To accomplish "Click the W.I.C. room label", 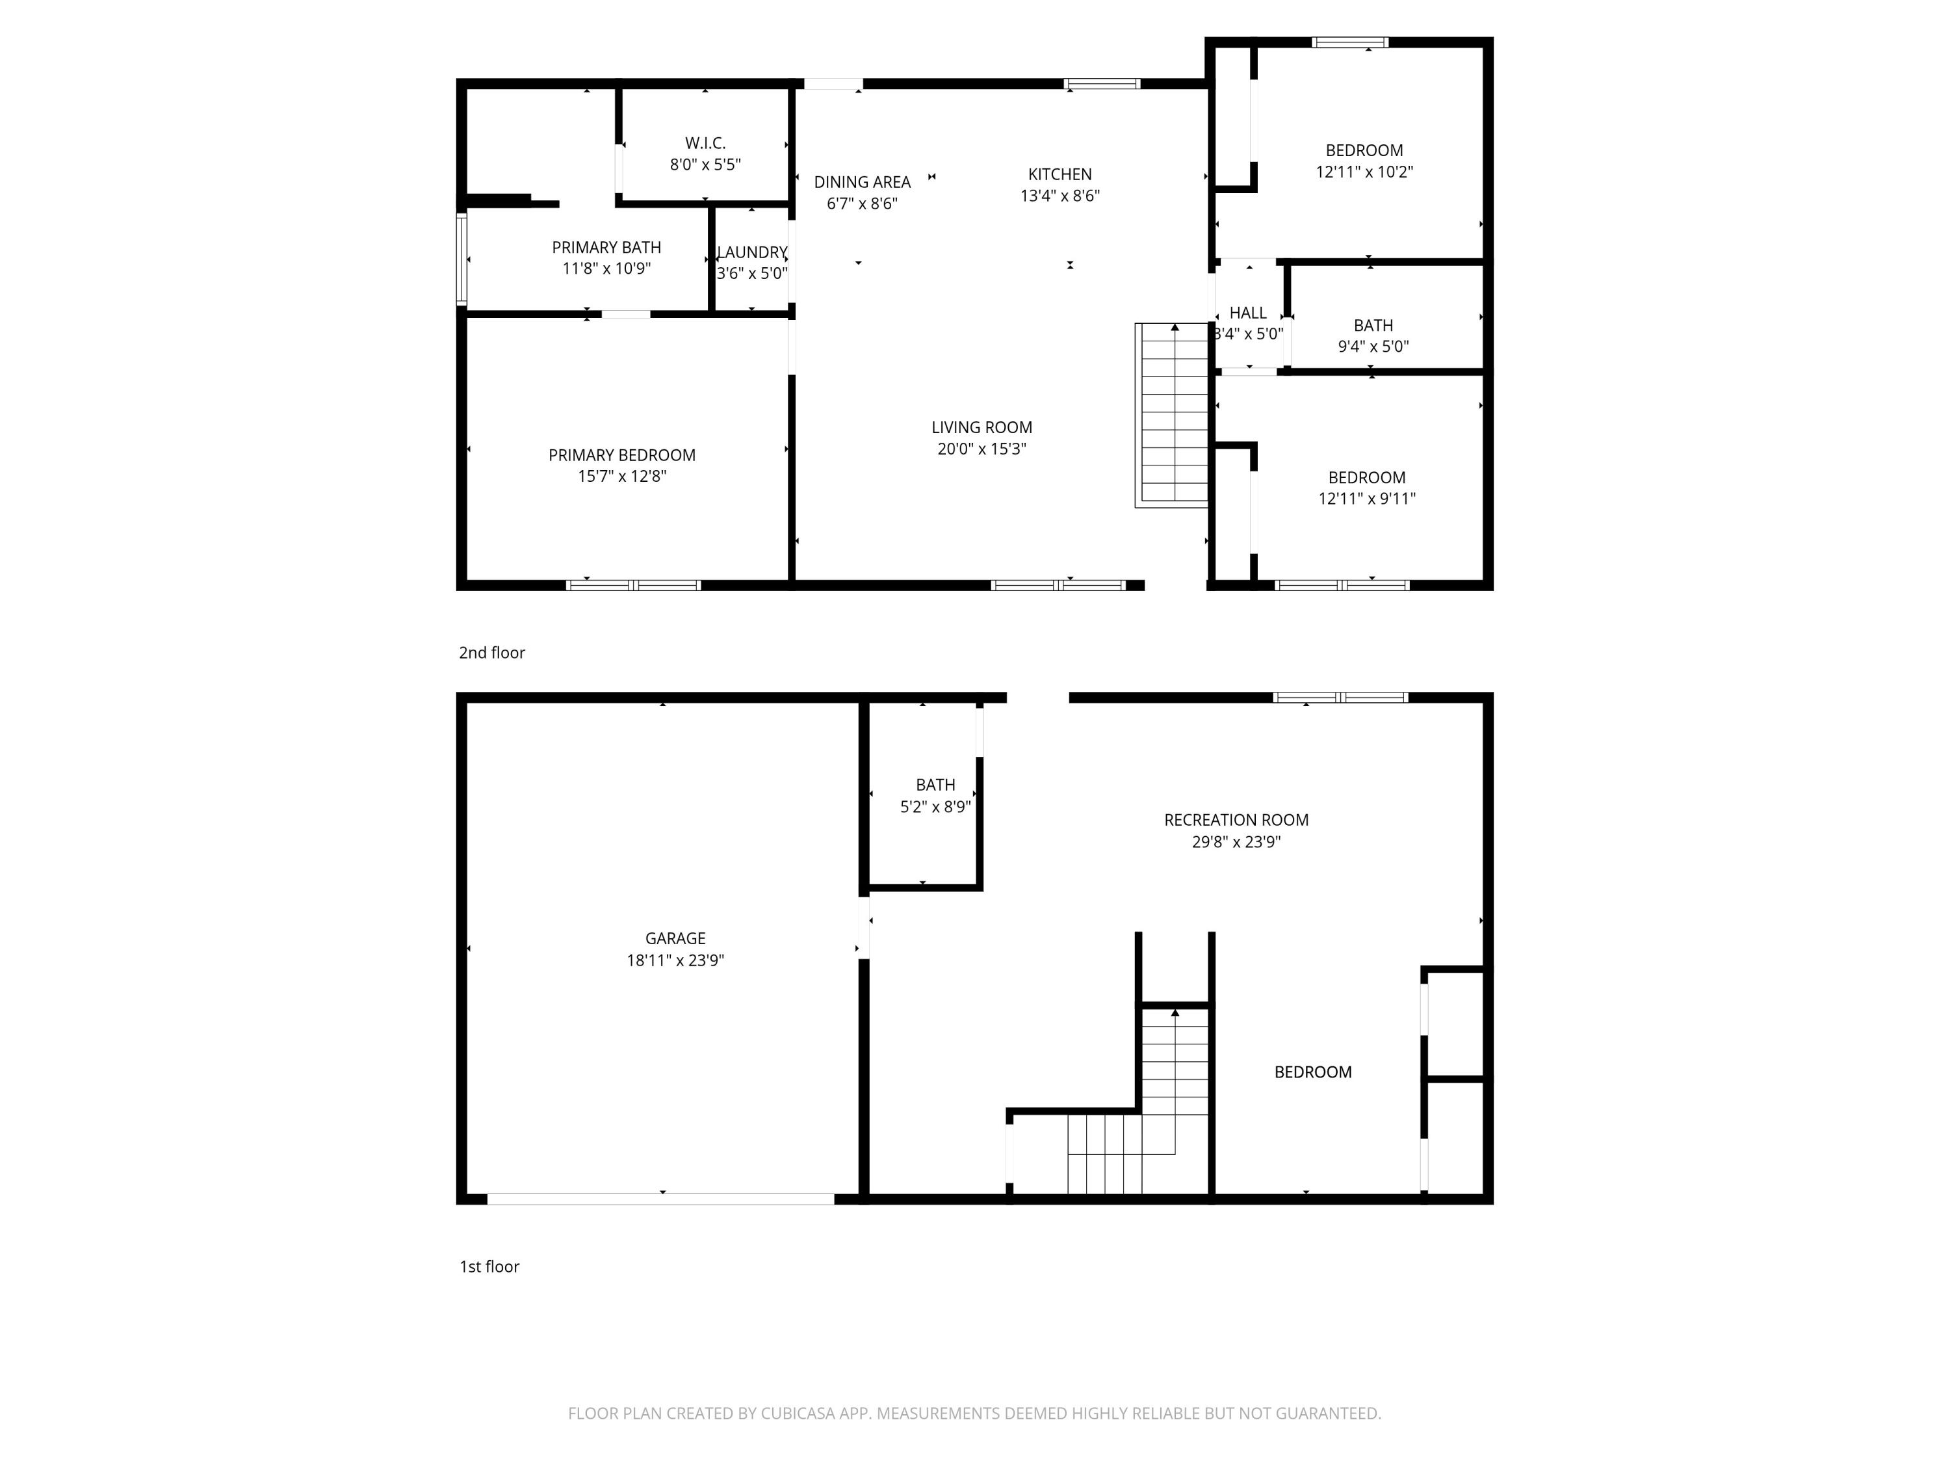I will pyautogui.click(x=705, y=143).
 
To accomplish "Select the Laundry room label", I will pyautogui.click(x=751, y=252).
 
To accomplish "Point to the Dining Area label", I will pyautogui.click(x=861, y=181).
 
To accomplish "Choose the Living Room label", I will pyautogui.click(x=981, y=427).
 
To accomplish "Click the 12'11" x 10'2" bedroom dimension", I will pyautogui.click(x=1364, y=172).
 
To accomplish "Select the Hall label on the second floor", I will pyautogui.click(x=1247, y=313).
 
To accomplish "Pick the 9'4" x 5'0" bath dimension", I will pyautogui.click(x=1373, y=347).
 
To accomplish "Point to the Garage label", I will pyautogui.click(x=675, y=938).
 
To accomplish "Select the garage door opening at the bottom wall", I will pyautogui.click(x=660, y=1199).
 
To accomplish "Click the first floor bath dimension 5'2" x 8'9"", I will pyautogui.click(x=935, y=807).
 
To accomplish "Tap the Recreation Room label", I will pyautogui.click(x=1236, y=820).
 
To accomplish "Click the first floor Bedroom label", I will pyautogui.click(x=1312, y=1072).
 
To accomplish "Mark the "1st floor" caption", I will pyautogui.click(x=489, y=1267).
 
